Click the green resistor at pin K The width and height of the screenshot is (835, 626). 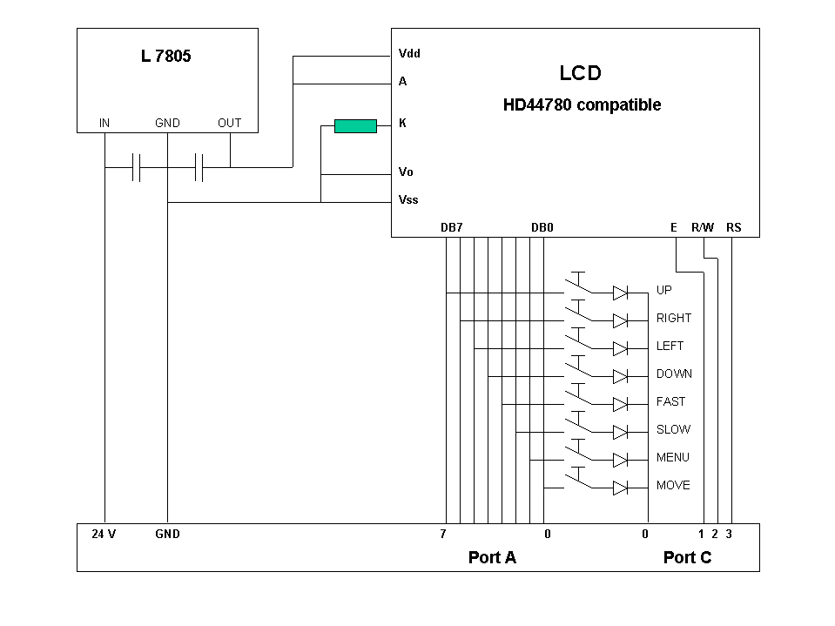355,126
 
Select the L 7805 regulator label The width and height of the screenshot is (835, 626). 165,57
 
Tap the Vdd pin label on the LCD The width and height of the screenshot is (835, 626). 409,53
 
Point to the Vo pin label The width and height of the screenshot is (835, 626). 406,172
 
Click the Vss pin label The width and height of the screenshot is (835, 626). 407,199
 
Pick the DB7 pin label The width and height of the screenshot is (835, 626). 451,227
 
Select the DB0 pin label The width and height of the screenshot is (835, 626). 542,227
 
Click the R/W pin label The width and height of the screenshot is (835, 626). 702,227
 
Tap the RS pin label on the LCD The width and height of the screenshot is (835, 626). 733,227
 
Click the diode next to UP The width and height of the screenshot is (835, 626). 620,293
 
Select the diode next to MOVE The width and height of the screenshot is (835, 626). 620,488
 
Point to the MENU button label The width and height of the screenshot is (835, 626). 672,457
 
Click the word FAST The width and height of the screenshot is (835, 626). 670,401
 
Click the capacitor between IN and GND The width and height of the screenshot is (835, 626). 136,167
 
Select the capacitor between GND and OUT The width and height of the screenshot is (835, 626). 199,167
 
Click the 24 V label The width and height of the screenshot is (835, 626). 104,534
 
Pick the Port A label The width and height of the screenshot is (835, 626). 492,557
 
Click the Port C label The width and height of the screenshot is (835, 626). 687,557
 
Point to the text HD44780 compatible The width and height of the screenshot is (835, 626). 582,105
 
